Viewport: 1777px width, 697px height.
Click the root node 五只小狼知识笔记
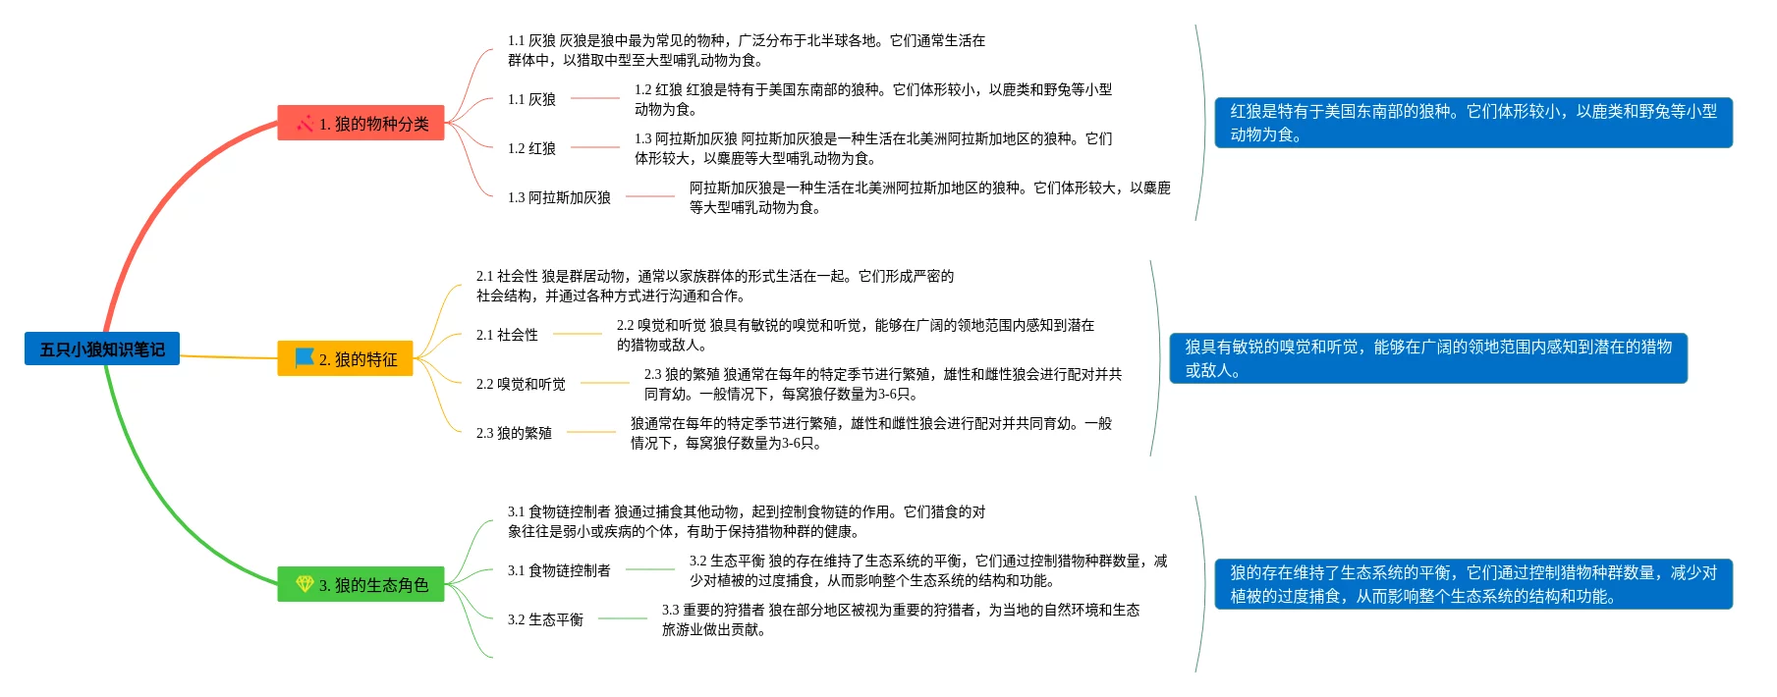[102, 348]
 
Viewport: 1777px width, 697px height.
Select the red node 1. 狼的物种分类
[361, 123]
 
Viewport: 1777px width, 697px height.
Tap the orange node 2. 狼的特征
[345, 358]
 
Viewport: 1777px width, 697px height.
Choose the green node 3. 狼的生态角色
[361, 584]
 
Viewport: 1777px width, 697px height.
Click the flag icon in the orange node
[305, 358]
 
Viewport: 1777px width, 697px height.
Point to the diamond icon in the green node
[305, 584]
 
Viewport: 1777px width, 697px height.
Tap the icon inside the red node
[305, 123]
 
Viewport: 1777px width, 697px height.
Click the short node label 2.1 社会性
[507, 335]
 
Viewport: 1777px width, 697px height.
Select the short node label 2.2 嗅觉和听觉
[521, 384]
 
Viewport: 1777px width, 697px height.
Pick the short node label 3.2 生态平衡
[545, 619]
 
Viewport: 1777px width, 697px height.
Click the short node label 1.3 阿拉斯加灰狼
[559, 197]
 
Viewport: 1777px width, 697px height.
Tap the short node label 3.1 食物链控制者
[559, 570]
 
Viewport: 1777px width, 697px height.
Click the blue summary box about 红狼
[1473, 123]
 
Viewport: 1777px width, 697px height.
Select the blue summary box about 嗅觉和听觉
[1428, 358]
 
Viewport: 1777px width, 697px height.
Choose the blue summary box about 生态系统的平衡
[1473, 584]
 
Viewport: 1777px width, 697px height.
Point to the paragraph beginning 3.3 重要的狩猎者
[900, 619]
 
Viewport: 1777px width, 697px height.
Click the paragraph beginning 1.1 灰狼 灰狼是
[746, 50]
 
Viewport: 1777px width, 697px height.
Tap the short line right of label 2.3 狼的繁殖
[591, 432]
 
